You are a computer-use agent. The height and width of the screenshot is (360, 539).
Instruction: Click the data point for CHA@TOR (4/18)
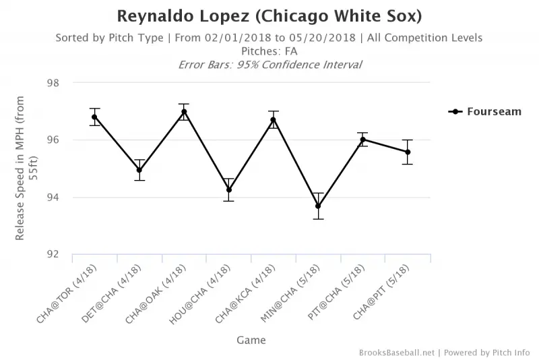95,117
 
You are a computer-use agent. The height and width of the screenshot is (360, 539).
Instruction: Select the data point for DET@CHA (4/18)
139,170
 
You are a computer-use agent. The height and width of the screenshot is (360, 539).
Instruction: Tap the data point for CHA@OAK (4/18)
184,112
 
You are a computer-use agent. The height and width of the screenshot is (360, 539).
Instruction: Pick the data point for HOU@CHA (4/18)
229,190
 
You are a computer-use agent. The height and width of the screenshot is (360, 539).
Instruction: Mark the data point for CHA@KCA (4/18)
274,120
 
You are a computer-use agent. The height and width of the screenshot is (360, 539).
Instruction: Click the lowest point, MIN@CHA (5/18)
318,206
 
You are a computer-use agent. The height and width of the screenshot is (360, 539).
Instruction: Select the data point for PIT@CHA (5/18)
362,140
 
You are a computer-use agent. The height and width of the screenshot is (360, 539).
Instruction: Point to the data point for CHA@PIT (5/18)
408,152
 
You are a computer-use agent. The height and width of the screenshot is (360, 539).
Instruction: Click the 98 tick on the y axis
53,83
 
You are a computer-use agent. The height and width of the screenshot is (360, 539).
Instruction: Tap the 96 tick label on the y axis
53,140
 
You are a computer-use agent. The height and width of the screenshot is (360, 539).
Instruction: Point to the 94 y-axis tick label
53,198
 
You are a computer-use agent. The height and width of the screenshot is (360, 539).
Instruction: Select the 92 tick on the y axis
53,255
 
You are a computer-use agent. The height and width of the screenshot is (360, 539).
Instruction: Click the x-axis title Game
251,340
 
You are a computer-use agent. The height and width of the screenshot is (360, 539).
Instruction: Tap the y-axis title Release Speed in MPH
26,169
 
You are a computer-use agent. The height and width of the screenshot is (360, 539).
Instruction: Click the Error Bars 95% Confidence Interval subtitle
269,65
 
